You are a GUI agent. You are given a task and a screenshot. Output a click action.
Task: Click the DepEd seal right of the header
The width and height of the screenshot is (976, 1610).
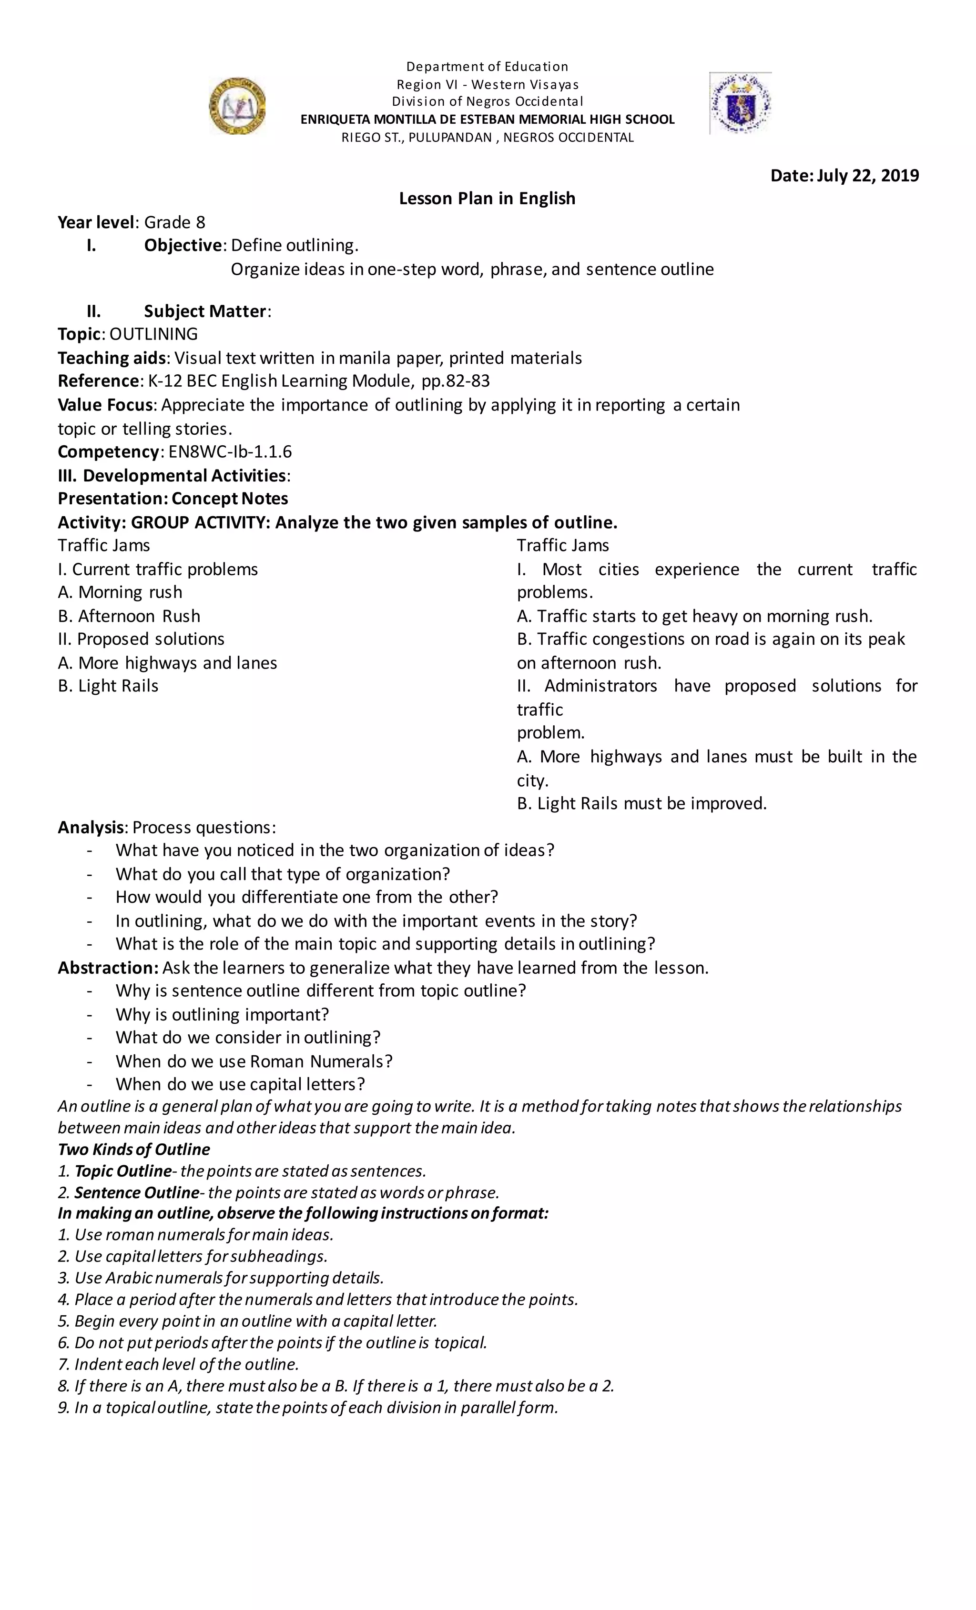pyautogui.click(x=740, y=103)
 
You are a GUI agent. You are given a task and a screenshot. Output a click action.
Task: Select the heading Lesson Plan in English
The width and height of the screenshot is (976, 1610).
pyautogui.click(x=487, y=199)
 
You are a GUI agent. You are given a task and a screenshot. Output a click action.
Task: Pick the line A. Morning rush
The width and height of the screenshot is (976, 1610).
pyautogui.click(x=120, y=592)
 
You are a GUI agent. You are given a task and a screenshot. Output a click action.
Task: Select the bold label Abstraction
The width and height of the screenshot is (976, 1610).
pyautogui.click(x=107, y=968)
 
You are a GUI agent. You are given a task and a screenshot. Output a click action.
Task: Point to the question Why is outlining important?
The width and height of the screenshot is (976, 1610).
pyautogui.click(x=222, y=1015)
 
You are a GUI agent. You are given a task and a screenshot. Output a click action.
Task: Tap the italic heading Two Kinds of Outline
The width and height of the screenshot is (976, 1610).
pyautogui.click(x=134, y=1150)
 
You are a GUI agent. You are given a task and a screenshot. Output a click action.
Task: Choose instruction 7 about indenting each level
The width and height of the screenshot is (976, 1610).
pyautogui.click(x=178, y=1364)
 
